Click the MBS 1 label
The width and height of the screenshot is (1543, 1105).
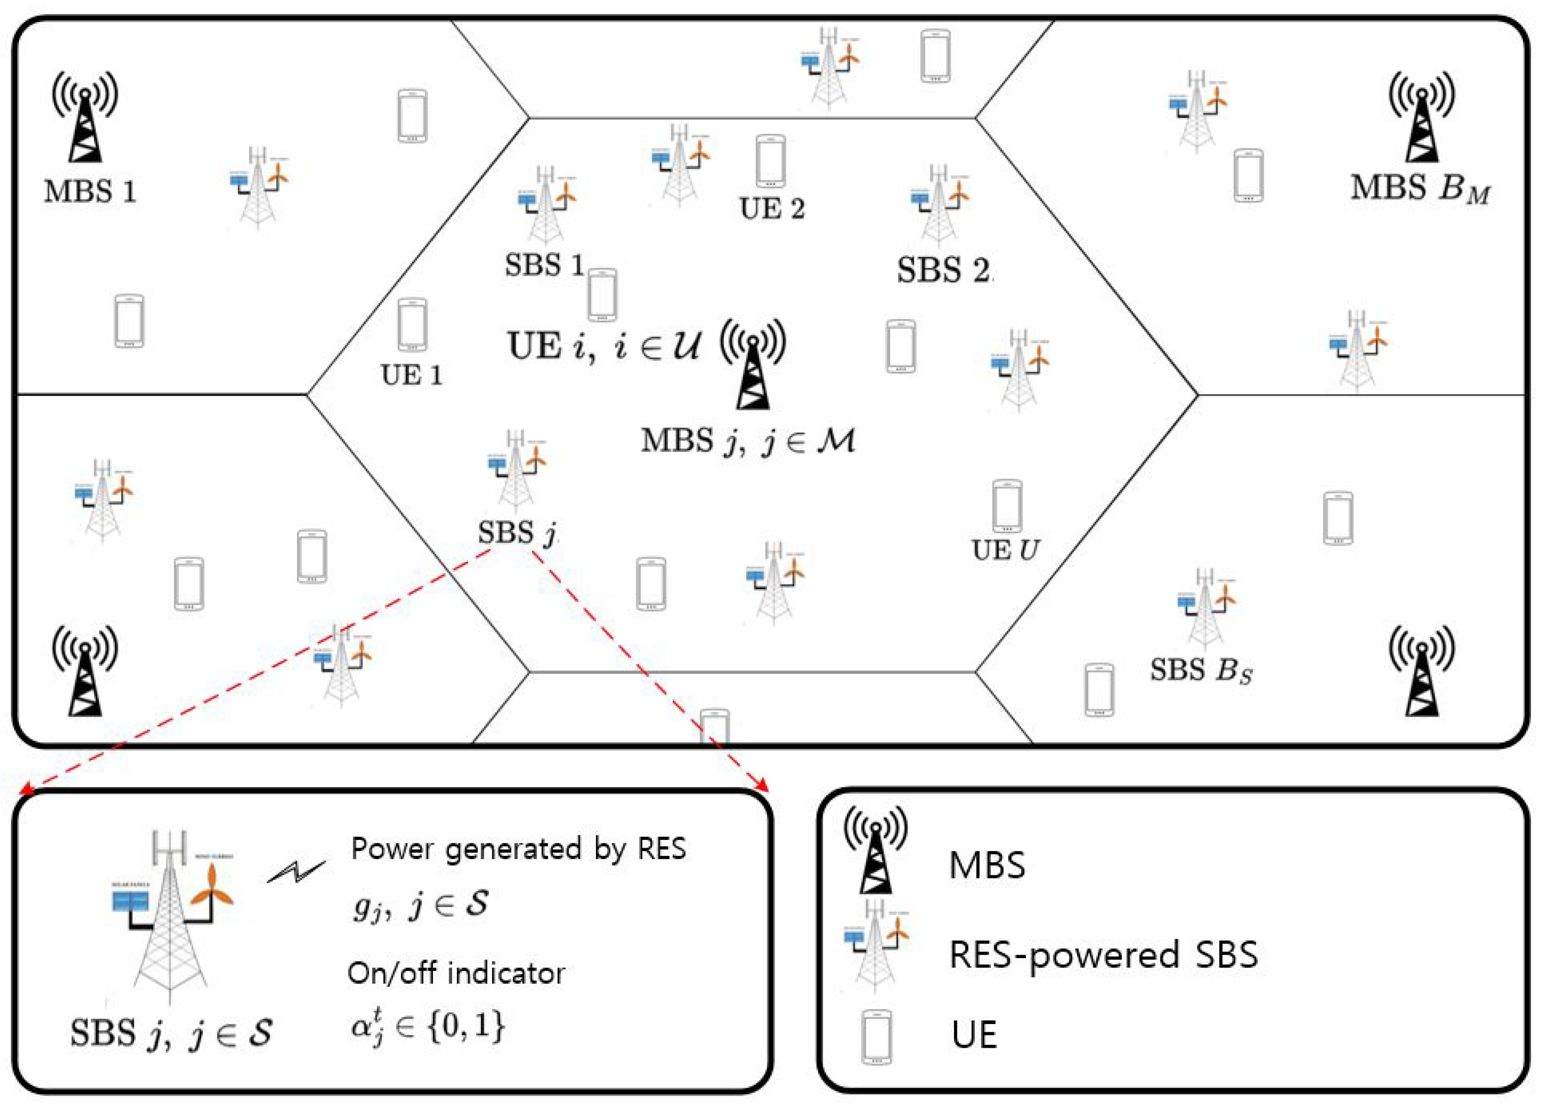pyautogui.click(x=90, y=192)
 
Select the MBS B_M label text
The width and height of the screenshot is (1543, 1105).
pyautogui.click(x=1420, y=189)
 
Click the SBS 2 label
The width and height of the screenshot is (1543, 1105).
pyautogui.click(x=943, y=271)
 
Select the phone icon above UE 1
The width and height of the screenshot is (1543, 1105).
pyautogui.click(x=412, y=324)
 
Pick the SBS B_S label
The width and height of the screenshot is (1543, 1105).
pyautogui.click(x=1201, y=671)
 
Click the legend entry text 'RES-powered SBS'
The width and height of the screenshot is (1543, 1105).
pyautogui.click(x=1103, y=955)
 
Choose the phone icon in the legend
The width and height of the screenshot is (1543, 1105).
pyautogui.click(x=876, y=1036)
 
